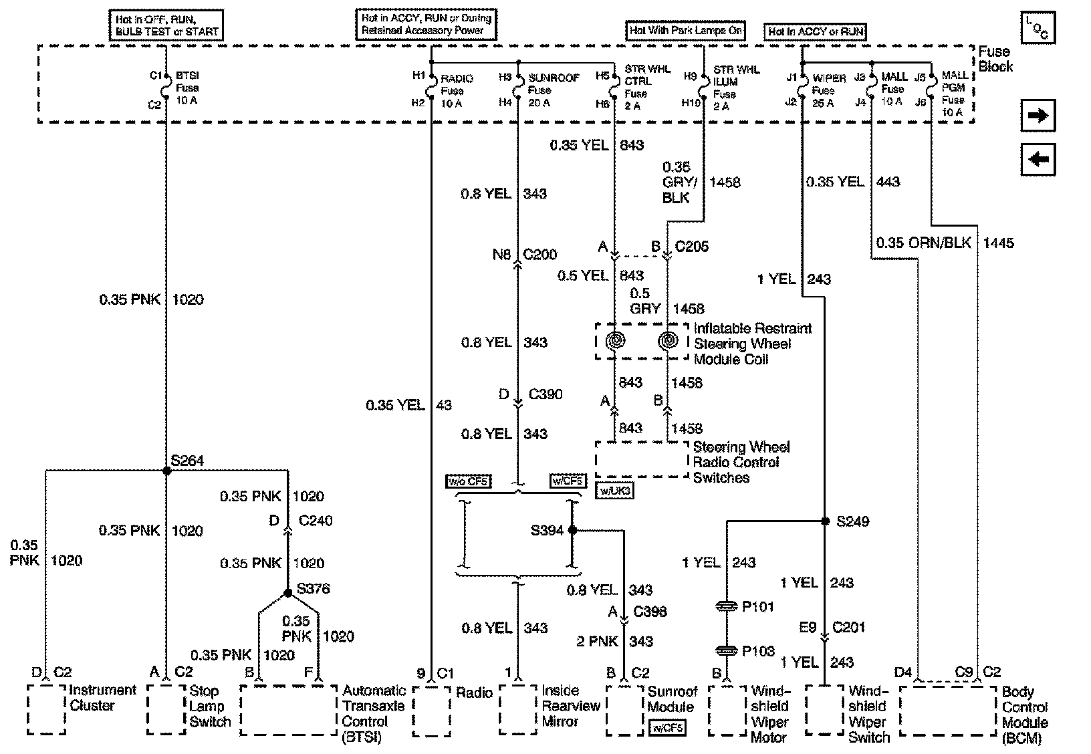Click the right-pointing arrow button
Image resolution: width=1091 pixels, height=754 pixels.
point(1038,116)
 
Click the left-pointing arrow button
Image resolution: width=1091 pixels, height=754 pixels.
point(1038,160)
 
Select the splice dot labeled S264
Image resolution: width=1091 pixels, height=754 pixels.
point(167,471)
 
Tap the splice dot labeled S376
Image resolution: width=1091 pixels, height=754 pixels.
point(287,593)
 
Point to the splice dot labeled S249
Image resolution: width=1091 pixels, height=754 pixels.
point(825,521)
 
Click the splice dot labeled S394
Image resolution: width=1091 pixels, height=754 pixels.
point(572,530)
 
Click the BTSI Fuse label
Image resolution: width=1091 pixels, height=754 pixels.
point(187,88)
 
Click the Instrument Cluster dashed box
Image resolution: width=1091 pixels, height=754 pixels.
point(46,709)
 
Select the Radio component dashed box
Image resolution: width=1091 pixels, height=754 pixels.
point(431,710)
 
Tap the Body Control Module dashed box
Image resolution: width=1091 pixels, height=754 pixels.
point(948,710)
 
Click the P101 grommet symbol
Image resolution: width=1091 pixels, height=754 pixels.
point(726,606)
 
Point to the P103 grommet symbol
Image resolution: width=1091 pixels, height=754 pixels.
point(726,650)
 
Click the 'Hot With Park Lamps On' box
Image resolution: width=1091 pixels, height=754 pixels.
point(686,31)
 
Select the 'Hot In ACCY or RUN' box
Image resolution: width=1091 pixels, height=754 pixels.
point(816,31)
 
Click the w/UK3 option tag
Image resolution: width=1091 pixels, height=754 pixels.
point(614,491)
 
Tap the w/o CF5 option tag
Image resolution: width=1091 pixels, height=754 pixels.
point(468,481)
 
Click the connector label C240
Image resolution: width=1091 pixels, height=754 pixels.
point(316,521)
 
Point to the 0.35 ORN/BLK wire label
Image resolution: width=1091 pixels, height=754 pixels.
point(923,243)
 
